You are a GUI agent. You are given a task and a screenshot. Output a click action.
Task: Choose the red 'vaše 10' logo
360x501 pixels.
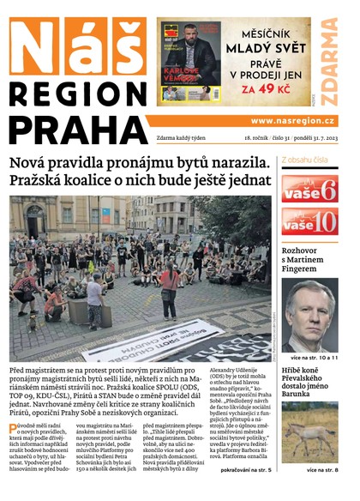pyautogui.click(x=309, y=221)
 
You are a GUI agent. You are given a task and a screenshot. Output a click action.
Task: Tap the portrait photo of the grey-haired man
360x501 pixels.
pyautogui.click(x=309, y=313)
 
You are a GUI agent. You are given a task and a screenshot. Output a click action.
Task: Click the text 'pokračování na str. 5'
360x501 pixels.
pyautogui.click(x=246, y=470)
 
